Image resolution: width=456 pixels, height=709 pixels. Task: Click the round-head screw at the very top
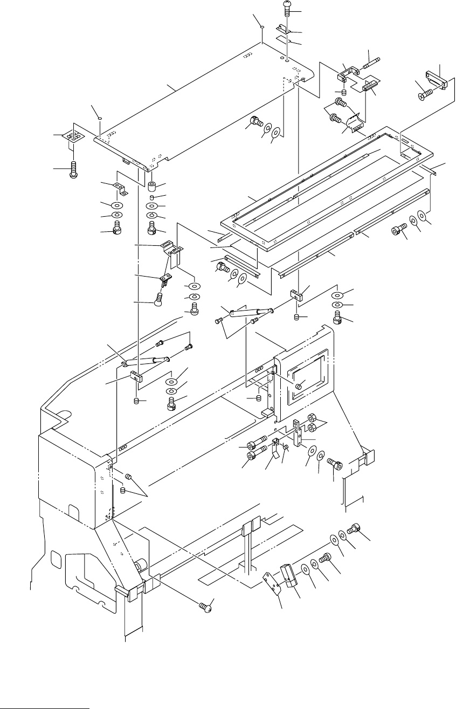pos(287,8)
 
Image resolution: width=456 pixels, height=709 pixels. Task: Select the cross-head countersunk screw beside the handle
pos(424,95)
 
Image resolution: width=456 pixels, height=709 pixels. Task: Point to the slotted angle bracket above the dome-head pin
pos(173,249)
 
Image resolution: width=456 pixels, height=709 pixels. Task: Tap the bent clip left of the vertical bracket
pos(276,446)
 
